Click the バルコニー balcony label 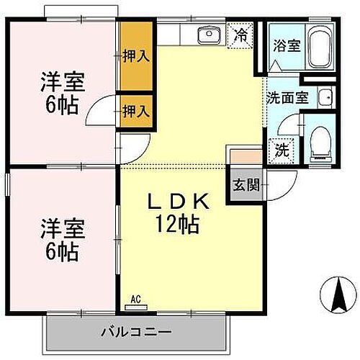[x=135, y=333]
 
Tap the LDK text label [x=179, y=203]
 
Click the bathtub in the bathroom [x=318, y=46]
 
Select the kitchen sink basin [x=209, y=33]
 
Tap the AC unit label [x=135, y=299]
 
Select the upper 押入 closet [x=135, y=55]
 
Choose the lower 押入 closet [x=135, y=111]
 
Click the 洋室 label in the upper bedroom [x=63, y=81]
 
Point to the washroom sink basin [x=325, y=96]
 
